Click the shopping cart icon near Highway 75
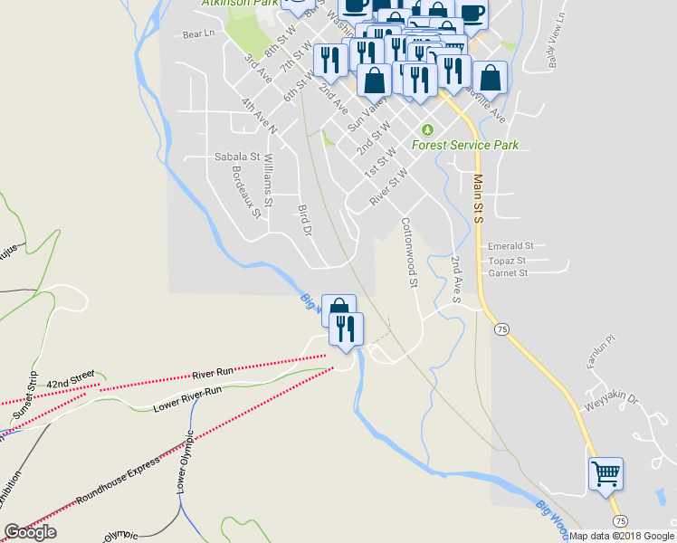coord(605,473)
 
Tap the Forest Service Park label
coord(464,145)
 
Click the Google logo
coord(30,532)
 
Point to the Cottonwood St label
coord(410,252)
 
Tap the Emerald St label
coord(510,245)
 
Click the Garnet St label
coord(508,272)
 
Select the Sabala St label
coord(236,157)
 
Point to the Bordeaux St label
coord(245,192)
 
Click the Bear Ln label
coord(199,34)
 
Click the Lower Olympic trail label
coord(185,461)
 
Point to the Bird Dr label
coord(304,221)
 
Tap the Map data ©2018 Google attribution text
coord(621,535)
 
